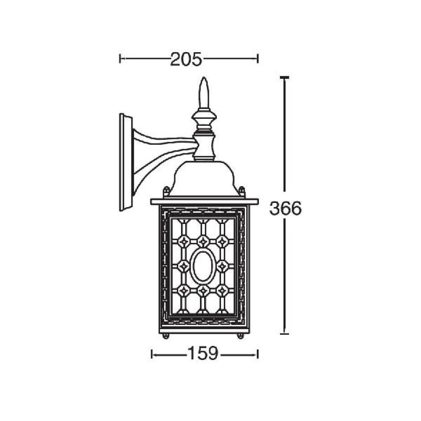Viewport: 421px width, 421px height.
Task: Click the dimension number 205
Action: pyautogui.click(x=186, y=59)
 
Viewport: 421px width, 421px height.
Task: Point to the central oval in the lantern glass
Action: pyautogui.click(x=203, y=266)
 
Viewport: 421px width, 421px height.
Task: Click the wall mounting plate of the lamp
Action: pyautogui.click(x=125, y=162)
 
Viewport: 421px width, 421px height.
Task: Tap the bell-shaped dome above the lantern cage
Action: pyautogui.click(x=204, y=179)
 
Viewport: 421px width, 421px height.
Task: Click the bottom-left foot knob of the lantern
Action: pyautogui.click(x=165, y=336)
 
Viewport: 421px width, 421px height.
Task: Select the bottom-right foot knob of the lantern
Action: pyautogui.click(x=240, y=336)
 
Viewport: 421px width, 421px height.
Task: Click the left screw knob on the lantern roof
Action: pyautogui.click(x=166, y=191)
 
